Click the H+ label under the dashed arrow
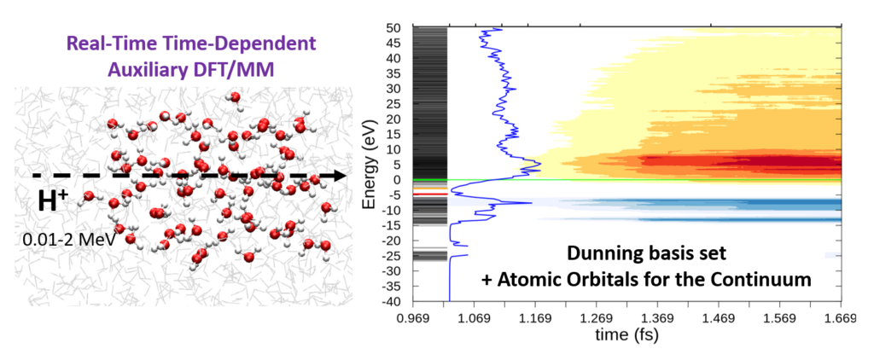point(53,201)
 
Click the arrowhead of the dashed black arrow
point(340,175)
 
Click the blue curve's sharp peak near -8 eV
point(531,203)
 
